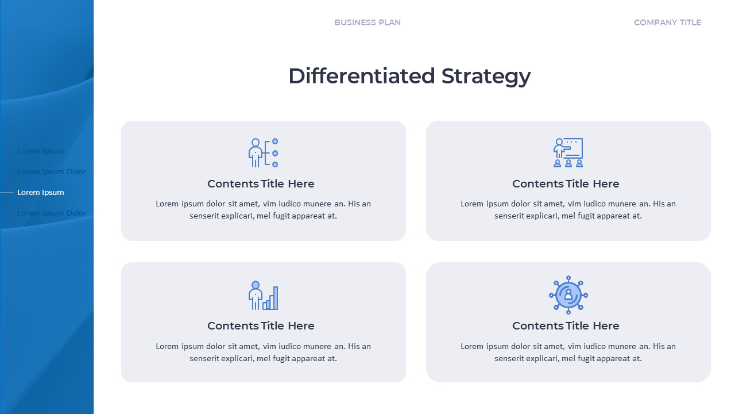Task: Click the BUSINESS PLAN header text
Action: pos(367,22)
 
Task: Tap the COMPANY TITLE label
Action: pos(667,22)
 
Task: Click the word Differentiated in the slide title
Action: pos(361,76)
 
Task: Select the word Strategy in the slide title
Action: pos(486,76)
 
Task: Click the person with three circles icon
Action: pos(264,153)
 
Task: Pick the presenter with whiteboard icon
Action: pos(568,153)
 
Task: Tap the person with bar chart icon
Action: pos(264,296)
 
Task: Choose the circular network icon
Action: pos(568,295)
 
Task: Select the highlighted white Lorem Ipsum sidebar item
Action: pos(41,192)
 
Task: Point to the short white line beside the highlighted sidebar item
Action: pos(7,193)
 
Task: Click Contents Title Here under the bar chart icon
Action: pos(261,326)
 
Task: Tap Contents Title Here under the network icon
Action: pos(566,326)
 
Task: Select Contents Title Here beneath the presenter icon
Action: pos(566,184)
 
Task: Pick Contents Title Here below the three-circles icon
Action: pos(261,184)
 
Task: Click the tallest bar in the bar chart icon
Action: pos(276,298)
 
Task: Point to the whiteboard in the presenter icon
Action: pos(574,148)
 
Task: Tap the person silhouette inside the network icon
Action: pos(568,295)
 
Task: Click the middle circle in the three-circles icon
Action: pos(275,153)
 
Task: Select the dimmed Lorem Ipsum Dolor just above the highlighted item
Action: pos(52,171)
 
